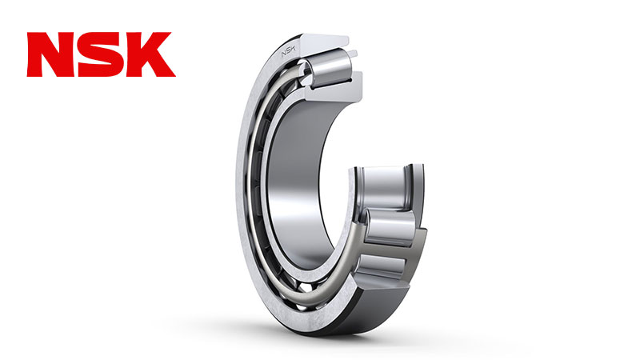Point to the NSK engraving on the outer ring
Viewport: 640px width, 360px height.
[x=288, y=52]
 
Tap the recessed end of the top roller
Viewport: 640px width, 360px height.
[x=306, y=70]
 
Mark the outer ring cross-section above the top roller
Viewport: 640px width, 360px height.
[x=322, y=42]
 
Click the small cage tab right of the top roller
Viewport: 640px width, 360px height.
[x=354, y=54]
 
